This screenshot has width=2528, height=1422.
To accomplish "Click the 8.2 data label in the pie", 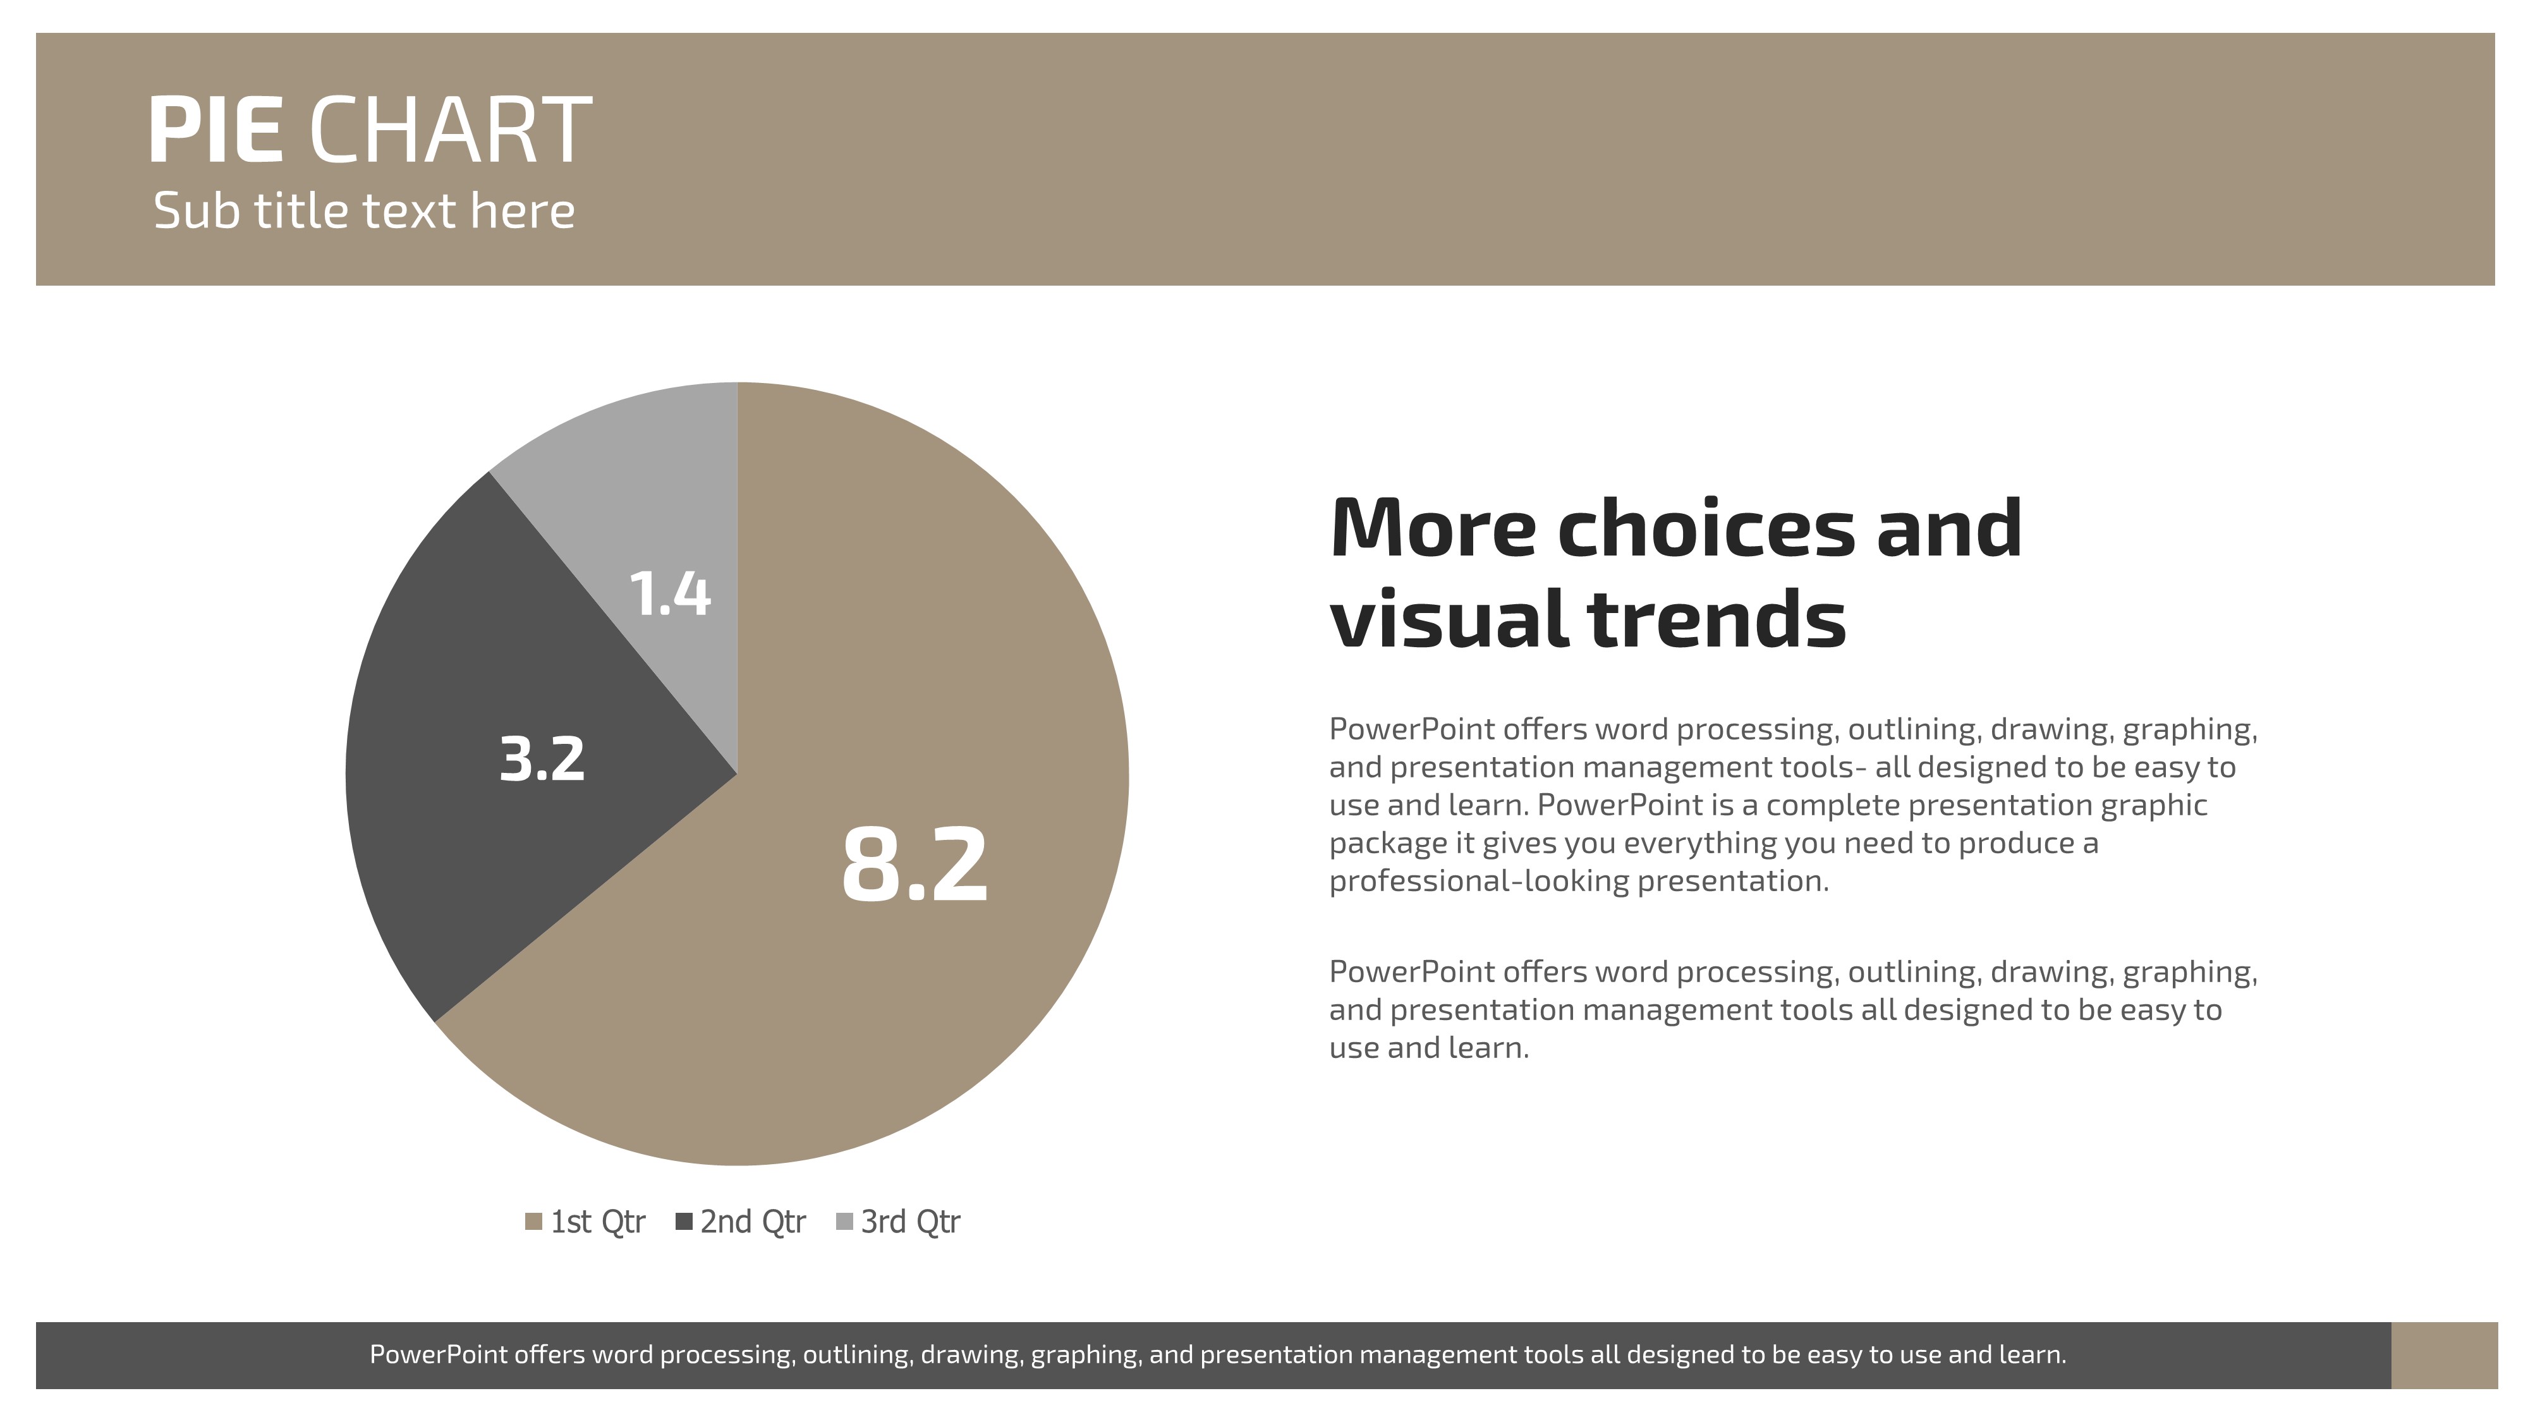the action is [x=915, y=865].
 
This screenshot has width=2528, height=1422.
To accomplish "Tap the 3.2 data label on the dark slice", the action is [x=542, y=758].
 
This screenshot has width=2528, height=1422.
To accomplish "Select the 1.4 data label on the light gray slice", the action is [x=669, y=593].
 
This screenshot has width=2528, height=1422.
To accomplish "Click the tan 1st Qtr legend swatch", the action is [x=534, y=1222].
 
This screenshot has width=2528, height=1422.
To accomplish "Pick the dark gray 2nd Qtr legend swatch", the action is [x=685, y=1222].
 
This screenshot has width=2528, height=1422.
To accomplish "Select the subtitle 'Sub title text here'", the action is [x=364, y=211].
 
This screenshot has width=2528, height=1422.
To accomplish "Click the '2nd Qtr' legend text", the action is [x=753, y=1222].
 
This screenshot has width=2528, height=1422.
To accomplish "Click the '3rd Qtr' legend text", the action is [x=911, y=1222].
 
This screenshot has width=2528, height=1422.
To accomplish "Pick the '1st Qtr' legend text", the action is [x=598, y=1222].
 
